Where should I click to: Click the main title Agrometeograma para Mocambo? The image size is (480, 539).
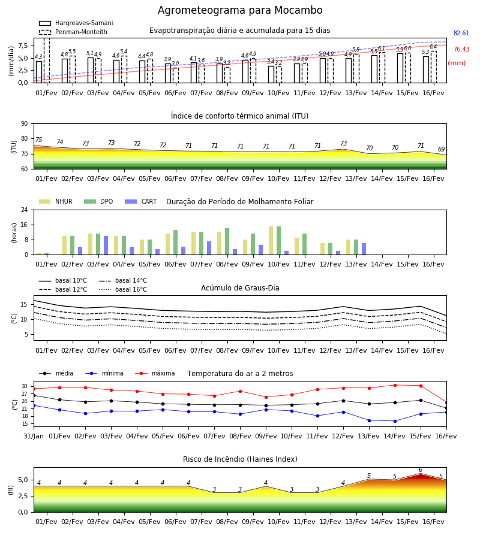click(240, 10)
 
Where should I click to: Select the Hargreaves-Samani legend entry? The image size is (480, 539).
click(76, 23)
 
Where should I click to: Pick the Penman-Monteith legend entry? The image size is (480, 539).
click(73, 32)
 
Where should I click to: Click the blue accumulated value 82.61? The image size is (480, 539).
click(461, 34)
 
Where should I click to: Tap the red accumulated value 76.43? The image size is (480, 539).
click(461, 50)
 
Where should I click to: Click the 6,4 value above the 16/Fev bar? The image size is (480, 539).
click(433, 47)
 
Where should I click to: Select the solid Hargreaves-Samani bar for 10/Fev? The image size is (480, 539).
click(271, 74)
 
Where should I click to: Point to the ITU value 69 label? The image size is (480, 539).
click(442, 149)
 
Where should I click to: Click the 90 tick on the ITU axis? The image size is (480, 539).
click(25, 124)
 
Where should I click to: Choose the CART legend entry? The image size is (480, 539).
click(141, 201)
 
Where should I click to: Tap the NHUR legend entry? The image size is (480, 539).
click(55, 201)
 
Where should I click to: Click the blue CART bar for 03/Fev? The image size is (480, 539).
click(106, 246)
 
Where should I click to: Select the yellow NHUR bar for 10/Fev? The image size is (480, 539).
click(271, 241)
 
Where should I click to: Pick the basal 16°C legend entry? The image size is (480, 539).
click(123, 289)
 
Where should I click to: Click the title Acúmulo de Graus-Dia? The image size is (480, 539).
click(240, 288)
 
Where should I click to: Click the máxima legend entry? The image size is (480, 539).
click(155, 373)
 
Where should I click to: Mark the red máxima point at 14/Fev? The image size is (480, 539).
click(395, 385)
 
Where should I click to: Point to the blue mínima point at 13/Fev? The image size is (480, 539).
click(370, 420)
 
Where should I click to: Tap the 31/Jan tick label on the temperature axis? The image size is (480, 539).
click(34, 436)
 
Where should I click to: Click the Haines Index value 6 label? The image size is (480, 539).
click(421, 470)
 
